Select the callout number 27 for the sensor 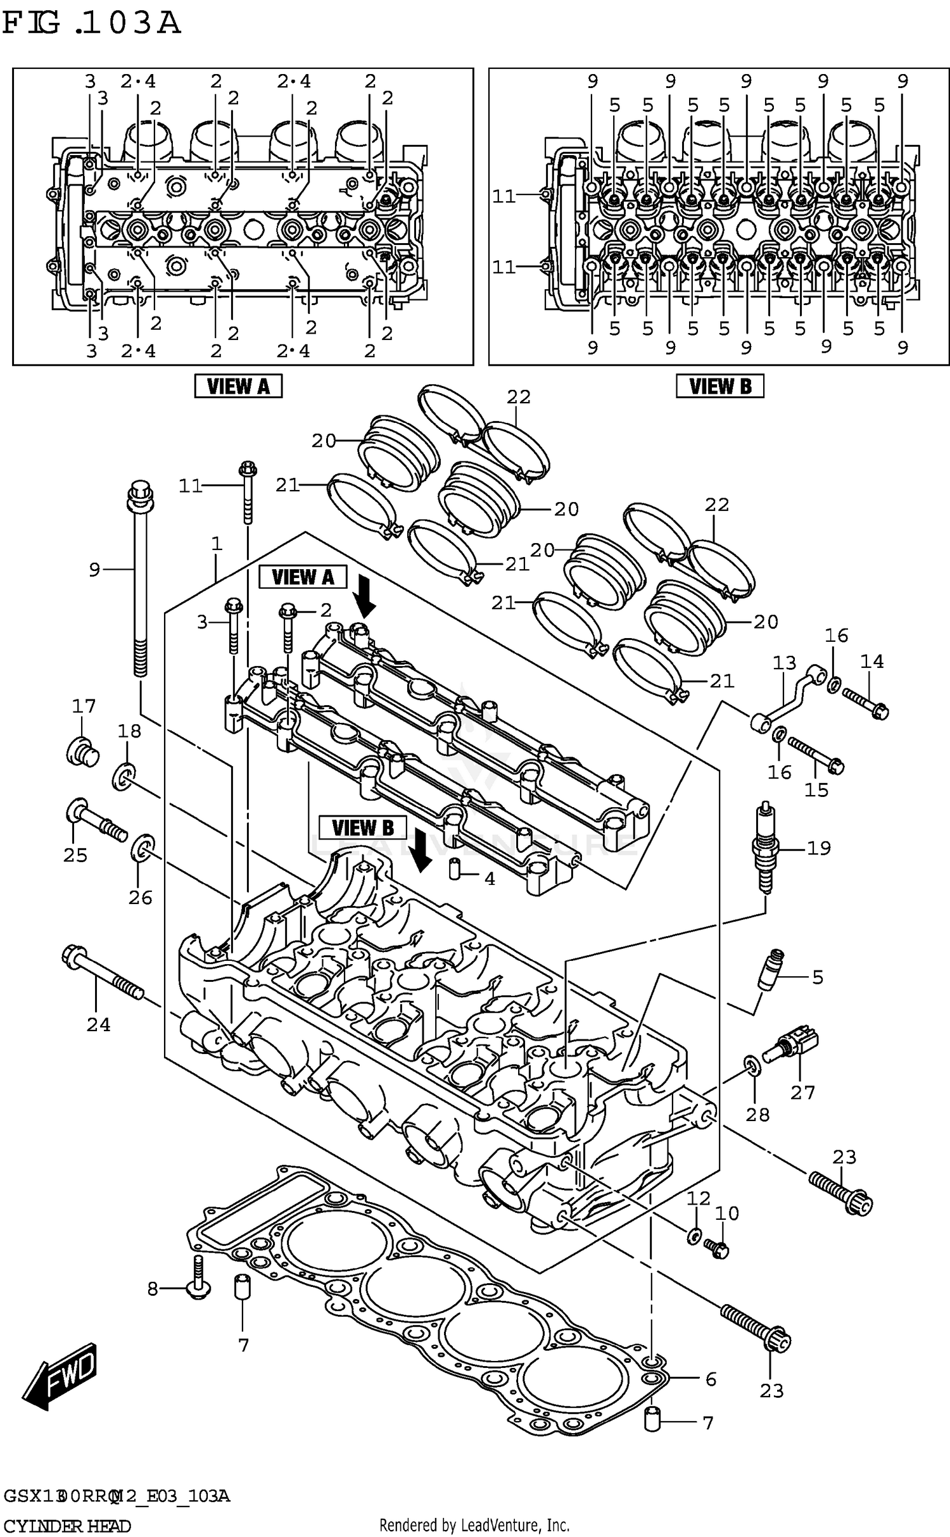point(802,1093)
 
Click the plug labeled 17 point(82,751)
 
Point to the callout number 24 point(98,1025)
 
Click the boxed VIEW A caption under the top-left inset point(238,386)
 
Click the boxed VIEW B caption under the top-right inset point(719,386)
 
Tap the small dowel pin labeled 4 point(453,869)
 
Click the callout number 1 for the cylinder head point(217,544)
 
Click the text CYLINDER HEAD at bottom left point(66,1526)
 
